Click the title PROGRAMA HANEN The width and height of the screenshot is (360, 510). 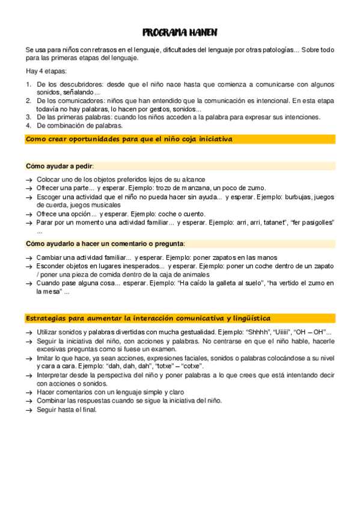(x=180, y=32)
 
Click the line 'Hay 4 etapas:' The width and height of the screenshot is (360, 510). (x=46, y=72)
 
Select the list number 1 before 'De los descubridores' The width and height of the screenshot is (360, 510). (x=28, y=84)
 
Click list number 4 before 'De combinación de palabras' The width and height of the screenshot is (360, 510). (x=28, y=126)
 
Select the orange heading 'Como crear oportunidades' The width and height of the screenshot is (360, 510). (x=129, y=139)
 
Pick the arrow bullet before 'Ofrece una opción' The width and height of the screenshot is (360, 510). (x=29, y=214)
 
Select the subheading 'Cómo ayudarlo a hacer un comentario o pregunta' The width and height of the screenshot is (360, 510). (x=105, y=244)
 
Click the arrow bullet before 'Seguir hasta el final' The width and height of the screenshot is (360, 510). (x=29, y=410)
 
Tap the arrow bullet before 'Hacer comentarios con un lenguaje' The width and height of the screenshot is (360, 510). (x=29, y=392)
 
